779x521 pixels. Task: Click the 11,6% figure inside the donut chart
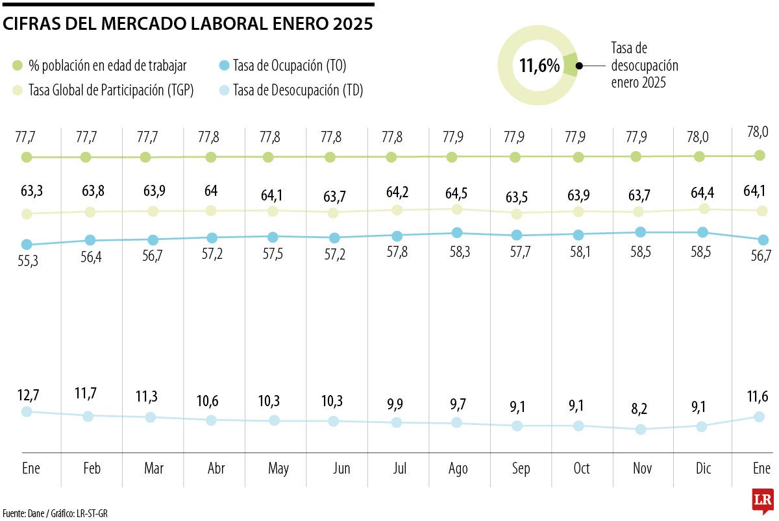[x=539, y=66]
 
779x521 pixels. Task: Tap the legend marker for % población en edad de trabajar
[x=18, y=66]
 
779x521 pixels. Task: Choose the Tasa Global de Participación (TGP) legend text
[x=111, y=90]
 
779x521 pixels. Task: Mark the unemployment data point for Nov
[x=641, y=429]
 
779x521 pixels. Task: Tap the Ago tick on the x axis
[x=458, y=468]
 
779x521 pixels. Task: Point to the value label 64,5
[x=458, y=193]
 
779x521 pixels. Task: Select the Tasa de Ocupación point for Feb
[x=90, y=240]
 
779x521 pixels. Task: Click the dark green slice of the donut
[x=570, y=65]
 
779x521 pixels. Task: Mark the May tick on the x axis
[x=278, y=468]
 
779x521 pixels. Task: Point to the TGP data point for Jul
[x=397, y=210]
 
